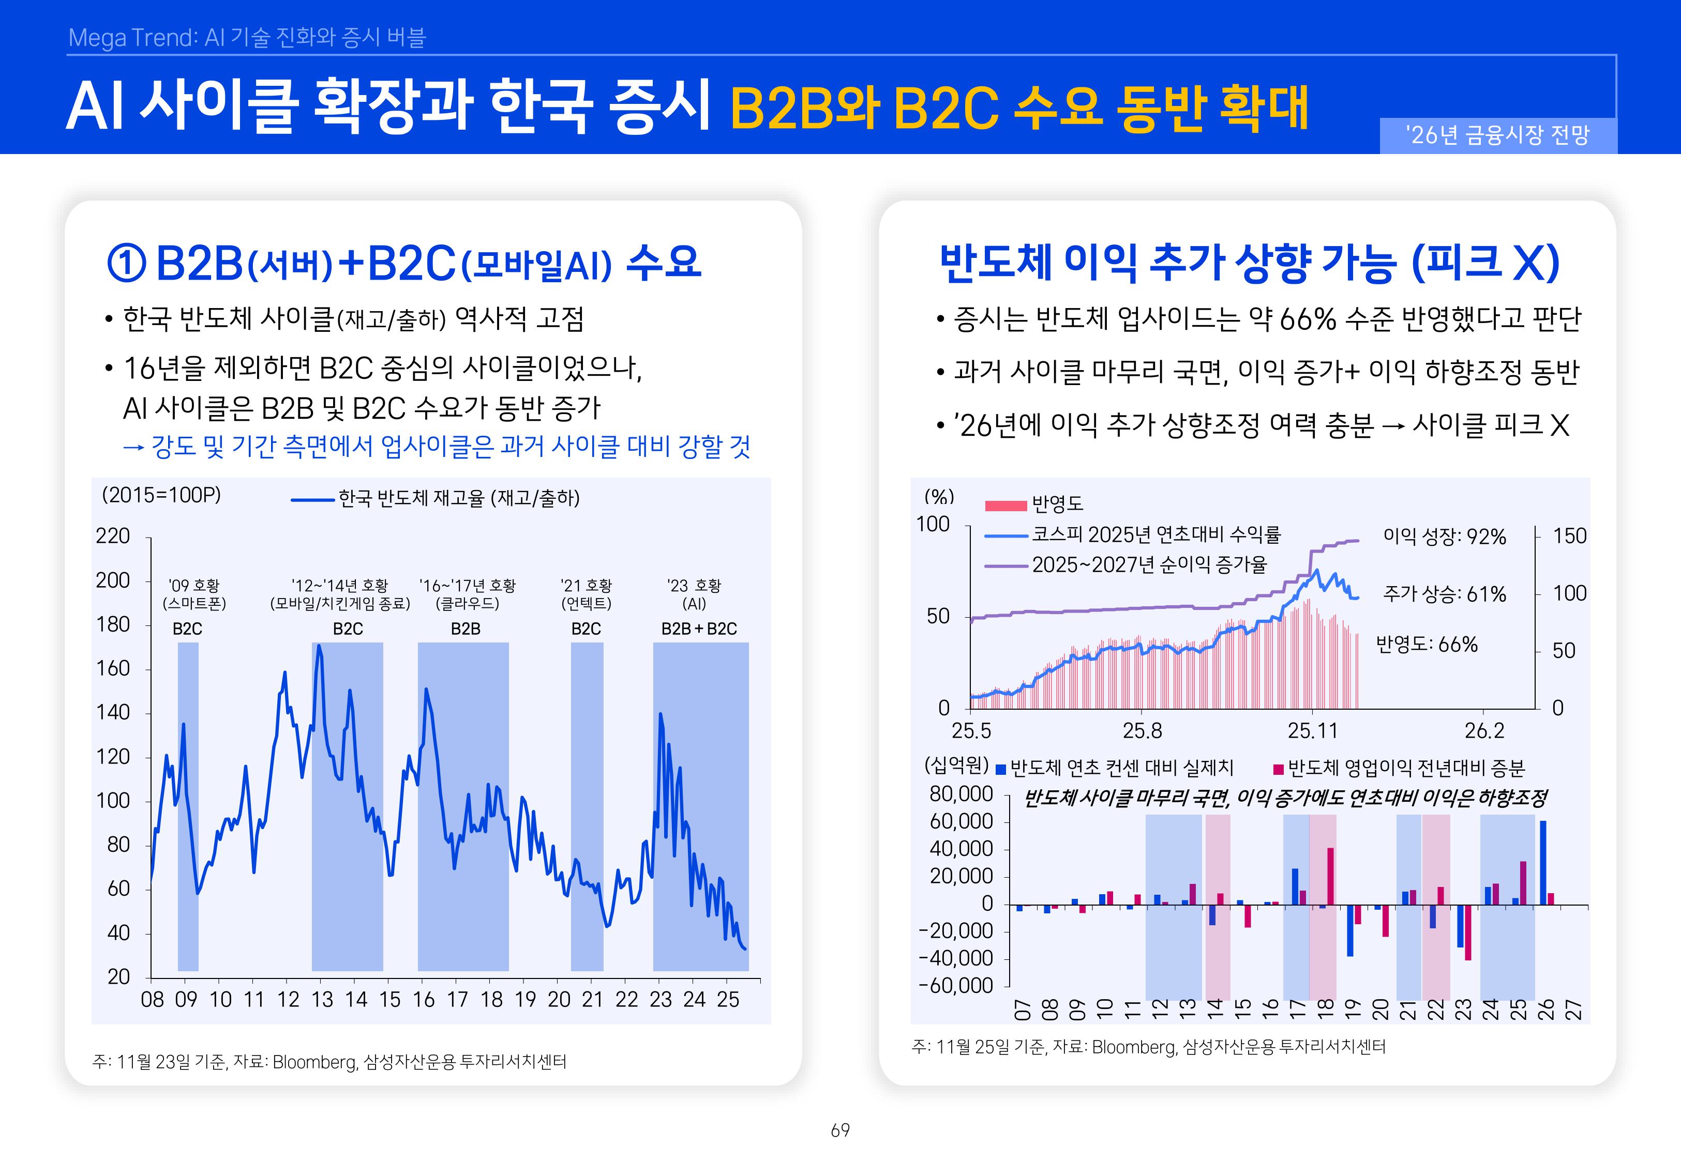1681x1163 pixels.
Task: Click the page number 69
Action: [x=840, y=1130]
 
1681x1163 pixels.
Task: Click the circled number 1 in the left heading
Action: [x=126, y=263]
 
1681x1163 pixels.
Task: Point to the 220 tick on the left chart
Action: [x=113, y=537]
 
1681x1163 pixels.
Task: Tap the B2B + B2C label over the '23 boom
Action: [x=698, y=629]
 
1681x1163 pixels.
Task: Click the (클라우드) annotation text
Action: [x=467, y=603]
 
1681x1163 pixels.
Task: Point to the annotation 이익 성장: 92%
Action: [x=1444, y=537]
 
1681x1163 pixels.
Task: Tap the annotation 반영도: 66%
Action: [x=1426, y=645]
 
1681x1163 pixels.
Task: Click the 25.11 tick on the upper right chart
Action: [x=1311, y=730]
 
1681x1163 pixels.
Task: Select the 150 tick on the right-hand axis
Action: [x=1569, y=537]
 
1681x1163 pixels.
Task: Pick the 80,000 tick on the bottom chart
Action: [x=961, y=794]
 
